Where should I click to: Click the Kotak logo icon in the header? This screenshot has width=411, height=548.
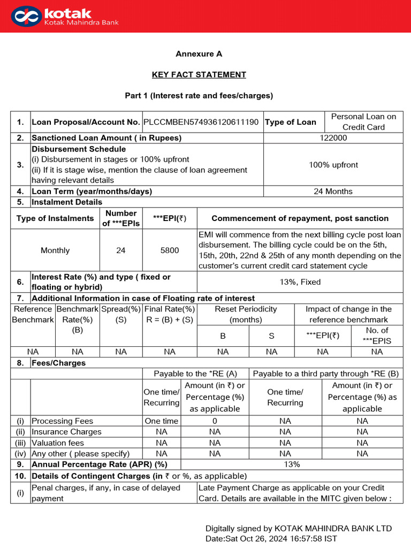click(x=27, y=16)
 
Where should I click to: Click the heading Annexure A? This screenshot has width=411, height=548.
click(x=199, y=54)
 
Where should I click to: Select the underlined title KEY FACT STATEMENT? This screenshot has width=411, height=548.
click(x=199, y=74)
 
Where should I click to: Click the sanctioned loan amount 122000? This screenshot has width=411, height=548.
click(x=333, y=138)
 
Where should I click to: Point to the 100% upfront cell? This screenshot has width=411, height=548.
click(x=333, y=165)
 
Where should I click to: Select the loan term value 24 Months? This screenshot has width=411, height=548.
click(x=333, y=191)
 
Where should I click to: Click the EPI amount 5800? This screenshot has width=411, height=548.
click(x=170, y=250)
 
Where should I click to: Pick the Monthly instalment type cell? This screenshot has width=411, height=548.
click(x=55, y=250)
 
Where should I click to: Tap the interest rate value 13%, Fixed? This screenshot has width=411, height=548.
click(x=300, y=282)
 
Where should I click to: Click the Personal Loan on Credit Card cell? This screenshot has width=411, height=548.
click(x=363, y=121)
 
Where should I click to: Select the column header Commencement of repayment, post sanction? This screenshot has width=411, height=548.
click(x=300, y=218)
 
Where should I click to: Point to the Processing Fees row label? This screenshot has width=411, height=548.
click(x=63, y=421)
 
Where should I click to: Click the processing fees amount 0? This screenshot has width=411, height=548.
click(x=215, y=421)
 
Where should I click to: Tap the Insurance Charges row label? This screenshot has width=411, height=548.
click(x=66, y=431)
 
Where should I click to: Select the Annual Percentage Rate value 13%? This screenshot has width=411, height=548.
click(x=292, y=464)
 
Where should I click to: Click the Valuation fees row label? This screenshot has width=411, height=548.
click(x=58, y=443)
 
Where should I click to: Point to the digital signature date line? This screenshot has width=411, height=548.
click(x=271, y=538)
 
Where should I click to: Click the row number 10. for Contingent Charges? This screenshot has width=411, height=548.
click(x=20, y=476)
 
